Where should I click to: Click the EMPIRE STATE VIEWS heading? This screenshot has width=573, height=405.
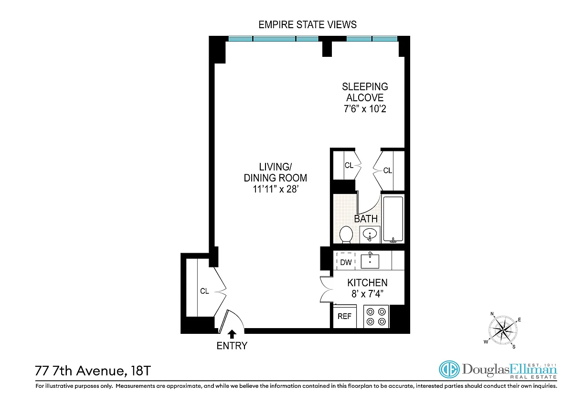pos(308,25)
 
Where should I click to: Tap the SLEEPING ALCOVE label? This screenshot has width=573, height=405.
pos(365,92)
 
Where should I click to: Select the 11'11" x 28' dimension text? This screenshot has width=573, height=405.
pos(276,189)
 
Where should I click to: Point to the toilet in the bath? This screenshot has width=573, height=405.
pos(346,234)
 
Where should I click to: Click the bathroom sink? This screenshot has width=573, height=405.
pos(370,234)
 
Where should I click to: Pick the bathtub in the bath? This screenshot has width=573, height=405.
pos(393,220)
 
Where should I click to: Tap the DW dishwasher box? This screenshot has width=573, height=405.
pos(346,261)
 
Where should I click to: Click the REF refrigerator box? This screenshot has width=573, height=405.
pos(345,317)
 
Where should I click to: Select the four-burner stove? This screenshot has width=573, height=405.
pos(376,317)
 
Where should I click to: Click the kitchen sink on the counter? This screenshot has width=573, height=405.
pos(370,261)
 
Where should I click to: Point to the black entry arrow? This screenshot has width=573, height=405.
pos(232,334)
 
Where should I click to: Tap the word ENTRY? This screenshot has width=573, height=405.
pos(232,346)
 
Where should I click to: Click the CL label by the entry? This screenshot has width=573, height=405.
pos(204,291)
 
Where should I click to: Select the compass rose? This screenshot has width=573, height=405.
pos(503,330)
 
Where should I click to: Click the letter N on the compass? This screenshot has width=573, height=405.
pos(492,314)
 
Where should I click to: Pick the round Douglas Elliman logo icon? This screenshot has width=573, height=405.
pos(449,369)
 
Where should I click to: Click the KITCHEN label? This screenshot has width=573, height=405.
pos(367,283)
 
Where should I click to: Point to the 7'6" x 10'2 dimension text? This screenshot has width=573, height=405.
pos(365,109)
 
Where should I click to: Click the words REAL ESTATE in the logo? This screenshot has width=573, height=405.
pos(533,377)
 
